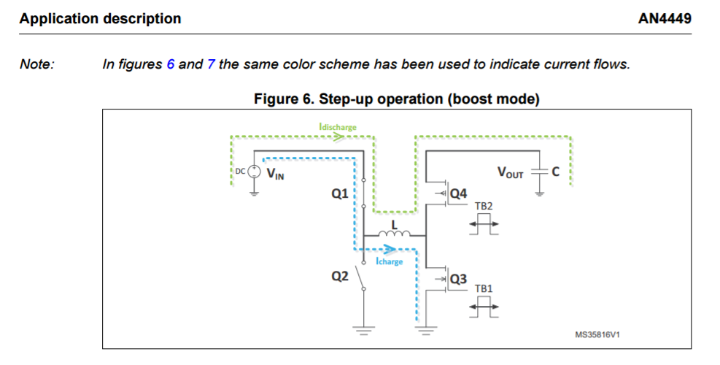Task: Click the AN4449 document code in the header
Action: [664, 18]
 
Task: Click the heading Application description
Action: [101, 18]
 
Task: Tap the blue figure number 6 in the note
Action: [171, 64]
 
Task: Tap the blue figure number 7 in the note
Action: [211, 64]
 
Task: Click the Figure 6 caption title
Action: [396, 99]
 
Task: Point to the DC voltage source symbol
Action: [254, 173]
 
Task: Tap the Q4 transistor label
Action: [459, 194]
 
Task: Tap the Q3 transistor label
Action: [459, 279]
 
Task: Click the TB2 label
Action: [484, 207]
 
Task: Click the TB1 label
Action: [484, 289]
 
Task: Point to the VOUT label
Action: [511, 173]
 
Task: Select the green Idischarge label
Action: [338, 127]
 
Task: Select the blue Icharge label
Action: [389, 261]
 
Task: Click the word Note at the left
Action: [37, 64]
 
